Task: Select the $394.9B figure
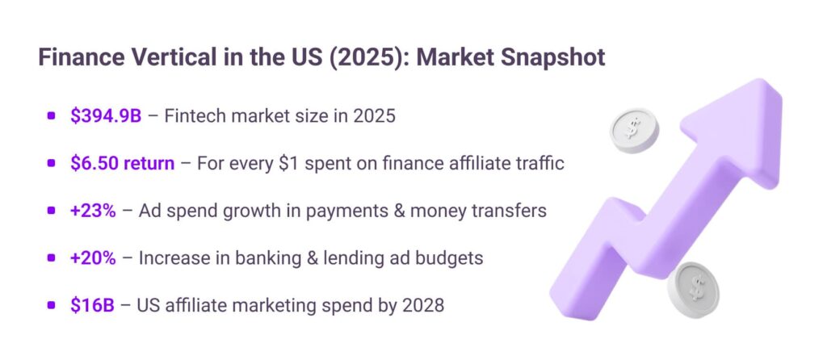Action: click(x=106, y=116)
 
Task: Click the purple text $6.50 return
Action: click(x=123, y=163)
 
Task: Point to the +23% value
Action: click(x=93, y=211)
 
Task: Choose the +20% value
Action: click(x=93, y=258)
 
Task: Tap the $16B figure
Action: click(x=92, y=306)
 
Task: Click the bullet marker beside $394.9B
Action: click(x=51, y=116)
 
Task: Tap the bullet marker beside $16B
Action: click(x=51, y=306)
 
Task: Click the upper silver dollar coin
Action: click(x=634, y=129)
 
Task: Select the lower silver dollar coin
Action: click(x=694, y=289)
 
